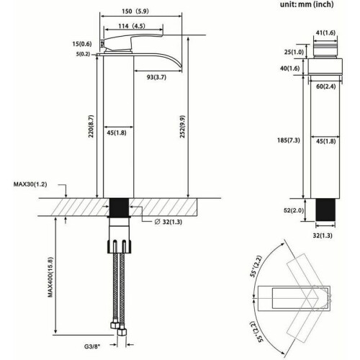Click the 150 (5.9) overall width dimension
135,12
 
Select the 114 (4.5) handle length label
132,26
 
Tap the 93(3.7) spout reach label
156,77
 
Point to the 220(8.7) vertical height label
91,126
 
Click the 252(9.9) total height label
182,127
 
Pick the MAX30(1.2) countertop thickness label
30,184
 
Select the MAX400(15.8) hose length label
50,277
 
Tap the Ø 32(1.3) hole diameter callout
168,222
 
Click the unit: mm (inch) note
307,4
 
